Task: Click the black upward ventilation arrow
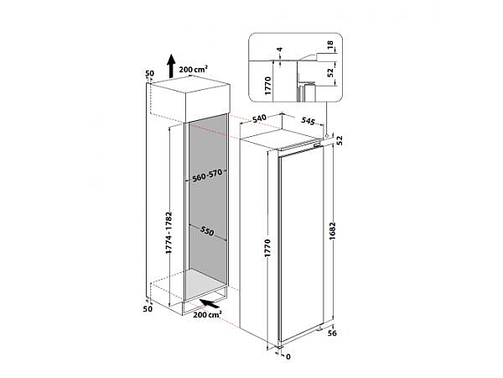tap(172, 66)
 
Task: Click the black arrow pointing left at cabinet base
tap(210, 303)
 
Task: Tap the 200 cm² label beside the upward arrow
tap(194, 69)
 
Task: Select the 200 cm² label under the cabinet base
tap(207, 315)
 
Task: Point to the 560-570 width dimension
tap(207, 176)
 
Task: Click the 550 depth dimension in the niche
tap(207, 231)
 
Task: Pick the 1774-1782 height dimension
tap(169, 233)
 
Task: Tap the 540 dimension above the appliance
tap(259, 118)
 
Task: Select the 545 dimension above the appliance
tap(308, 121)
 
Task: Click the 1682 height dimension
tap(332, 231)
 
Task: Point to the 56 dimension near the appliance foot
tap(332, 333)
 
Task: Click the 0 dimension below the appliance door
tap(288, 356)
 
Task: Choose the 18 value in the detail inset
tap(330, 45)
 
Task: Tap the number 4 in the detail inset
tap(280, 50)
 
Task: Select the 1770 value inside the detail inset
tap(268, 86)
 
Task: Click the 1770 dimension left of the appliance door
tap(267, 248)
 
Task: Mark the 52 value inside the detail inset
tap(330, 72)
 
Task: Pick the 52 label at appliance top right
tap(340, 140)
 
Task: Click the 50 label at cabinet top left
tap(149, 73)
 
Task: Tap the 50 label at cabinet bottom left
tap(148, 309)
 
